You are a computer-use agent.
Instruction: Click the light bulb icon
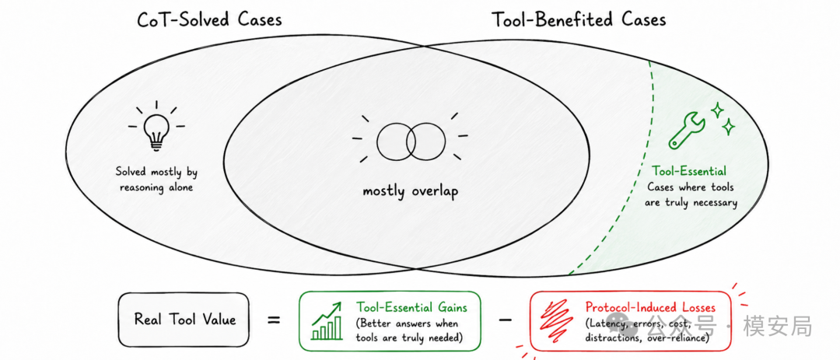click(156, 128)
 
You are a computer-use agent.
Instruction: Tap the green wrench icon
click(684, 131)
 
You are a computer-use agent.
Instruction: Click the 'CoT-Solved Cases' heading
click(209, 20)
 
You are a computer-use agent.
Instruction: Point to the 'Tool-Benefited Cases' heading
click(579, 20)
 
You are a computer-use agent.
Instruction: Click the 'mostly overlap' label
click(411, 192)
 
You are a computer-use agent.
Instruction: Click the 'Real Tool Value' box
click(184, 320)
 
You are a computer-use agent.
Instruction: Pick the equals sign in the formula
click(274, 320)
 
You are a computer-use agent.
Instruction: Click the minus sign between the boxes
click(506, 320)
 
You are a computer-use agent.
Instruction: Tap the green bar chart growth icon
click(326, 321)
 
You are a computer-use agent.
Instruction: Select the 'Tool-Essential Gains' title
click(411, 307)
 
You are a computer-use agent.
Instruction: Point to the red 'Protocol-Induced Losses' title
click(650, 307)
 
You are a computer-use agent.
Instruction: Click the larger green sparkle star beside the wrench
click(717, 110)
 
